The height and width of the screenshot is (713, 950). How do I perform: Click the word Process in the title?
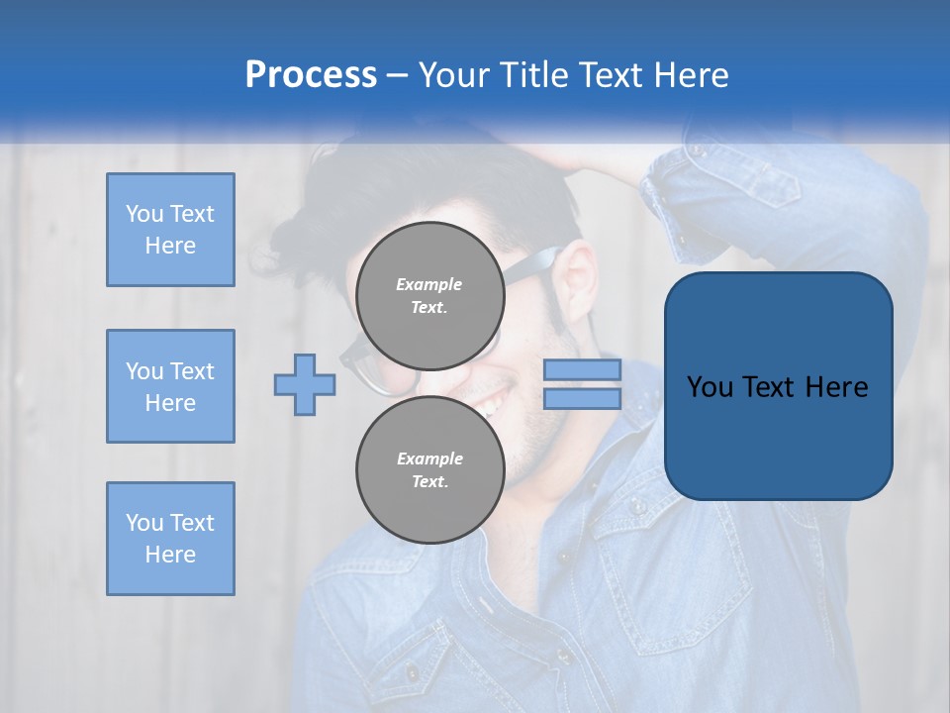pos(311,74)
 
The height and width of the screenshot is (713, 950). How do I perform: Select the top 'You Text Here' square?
pos(170,230)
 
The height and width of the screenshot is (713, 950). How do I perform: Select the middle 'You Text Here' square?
pos(170,386)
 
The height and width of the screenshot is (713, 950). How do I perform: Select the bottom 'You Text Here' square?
pos(170,539)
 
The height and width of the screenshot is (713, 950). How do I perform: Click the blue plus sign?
pos(305,384)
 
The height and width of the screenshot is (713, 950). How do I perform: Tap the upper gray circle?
pos(430,296)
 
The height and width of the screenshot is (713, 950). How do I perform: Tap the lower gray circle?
pos(430,470)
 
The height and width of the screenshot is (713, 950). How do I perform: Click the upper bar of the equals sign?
pos(582,369)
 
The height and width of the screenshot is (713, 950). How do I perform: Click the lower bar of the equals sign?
pos(582,399)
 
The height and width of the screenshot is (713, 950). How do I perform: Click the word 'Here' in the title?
pos(692,75)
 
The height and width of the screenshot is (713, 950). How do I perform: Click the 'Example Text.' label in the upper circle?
pos(429,296)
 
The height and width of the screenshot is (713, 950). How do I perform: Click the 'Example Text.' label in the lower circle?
pos(429,470)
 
